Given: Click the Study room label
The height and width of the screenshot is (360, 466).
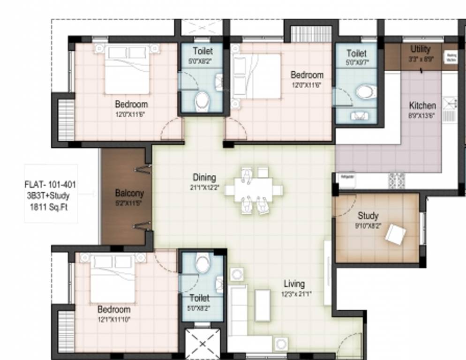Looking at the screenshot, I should pos(368,216).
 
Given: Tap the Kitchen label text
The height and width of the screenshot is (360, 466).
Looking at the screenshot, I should pos(422,105).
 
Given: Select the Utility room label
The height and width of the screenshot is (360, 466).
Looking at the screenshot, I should pos(420,49).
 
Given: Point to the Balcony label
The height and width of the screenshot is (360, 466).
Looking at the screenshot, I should pos(129,193).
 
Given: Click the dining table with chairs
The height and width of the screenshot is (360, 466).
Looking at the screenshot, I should pos(254,190).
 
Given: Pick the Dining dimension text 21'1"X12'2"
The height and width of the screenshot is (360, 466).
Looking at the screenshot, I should pos(204,187).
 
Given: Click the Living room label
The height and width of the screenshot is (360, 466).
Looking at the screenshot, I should pos(294,284).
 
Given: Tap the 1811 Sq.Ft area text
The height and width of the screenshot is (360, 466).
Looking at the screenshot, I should pos(49,207).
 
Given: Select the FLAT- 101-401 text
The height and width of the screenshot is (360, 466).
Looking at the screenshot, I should pos(50,184).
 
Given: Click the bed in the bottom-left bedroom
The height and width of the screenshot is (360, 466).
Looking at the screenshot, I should pos(112,278).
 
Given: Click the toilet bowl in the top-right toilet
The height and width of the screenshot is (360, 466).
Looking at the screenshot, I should pos(366,91).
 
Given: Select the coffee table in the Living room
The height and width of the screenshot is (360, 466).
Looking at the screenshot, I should pos(263,305).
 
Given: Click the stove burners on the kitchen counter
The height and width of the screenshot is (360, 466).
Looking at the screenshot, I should pos(396,180).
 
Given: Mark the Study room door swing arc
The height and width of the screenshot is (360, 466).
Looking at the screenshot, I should pos(345,206).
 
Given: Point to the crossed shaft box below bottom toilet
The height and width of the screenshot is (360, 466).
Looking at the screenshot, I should pos(203,345).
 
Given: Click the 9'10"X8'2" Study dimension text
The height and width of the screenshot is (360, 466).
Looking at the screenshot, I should pos(368,225).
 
